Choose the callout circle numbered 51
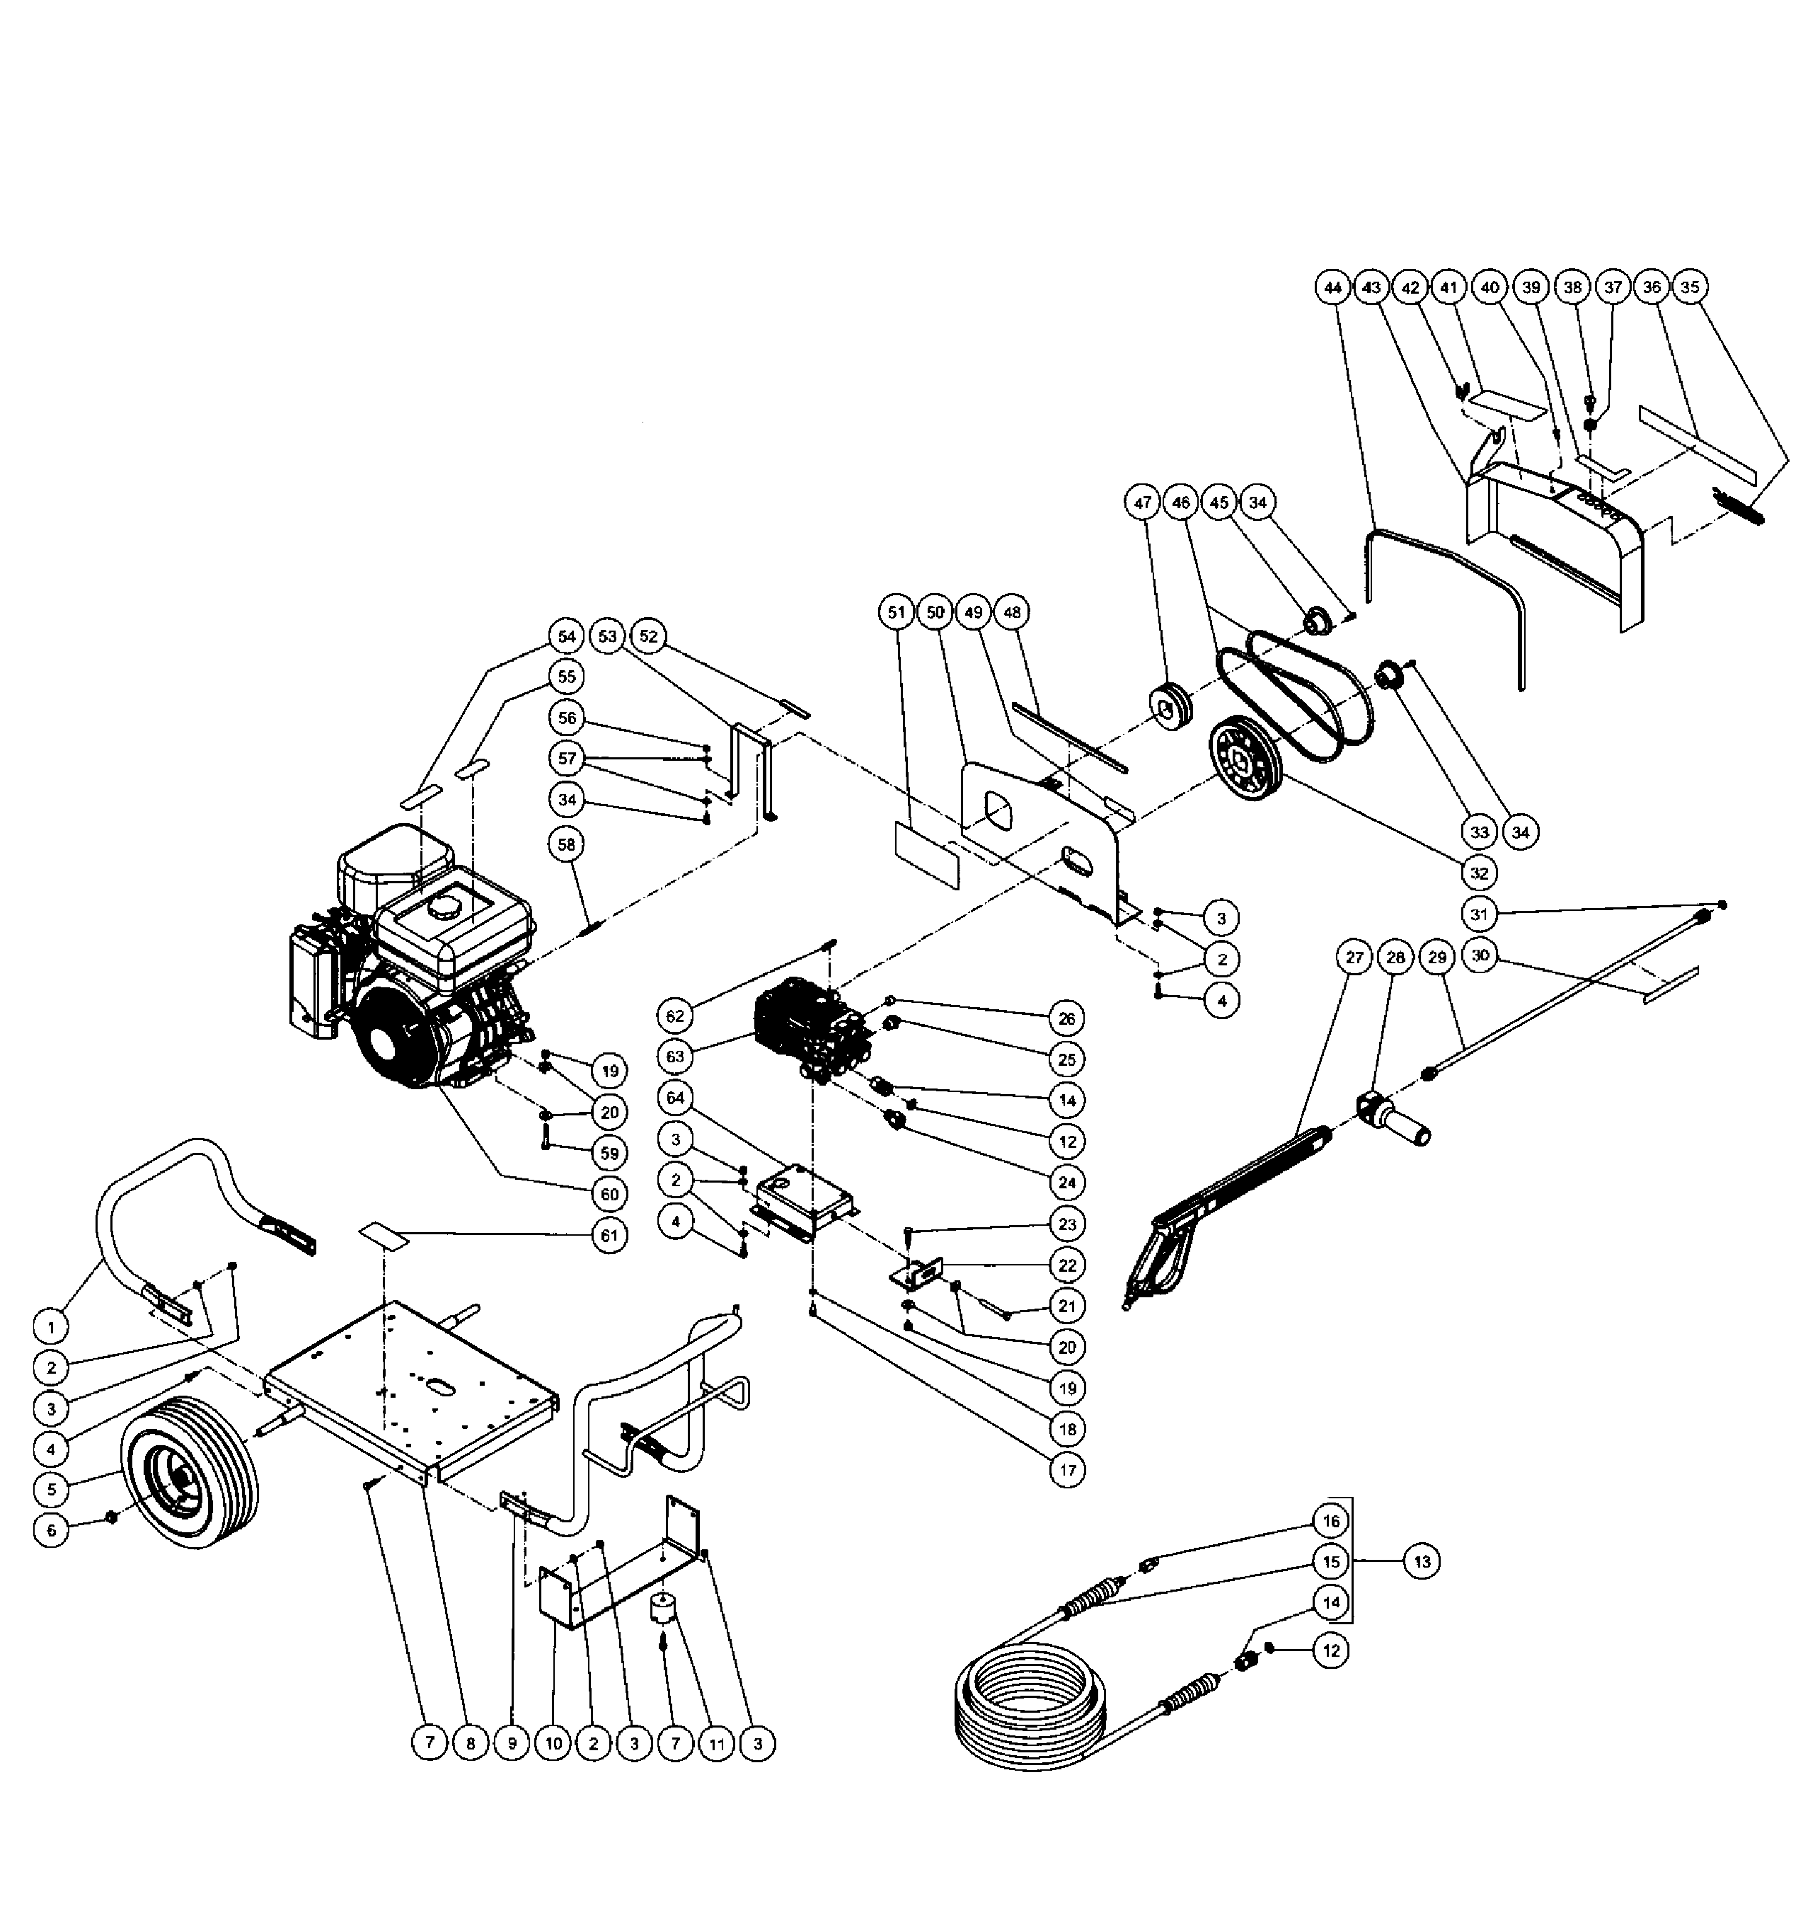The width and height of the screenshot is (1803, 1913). tap(897, 612)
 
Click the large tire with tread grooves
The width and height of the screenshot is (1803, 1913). tap(190, 1469)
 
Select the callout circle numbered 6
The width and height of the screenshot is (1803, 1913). tap(51, 1530)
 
